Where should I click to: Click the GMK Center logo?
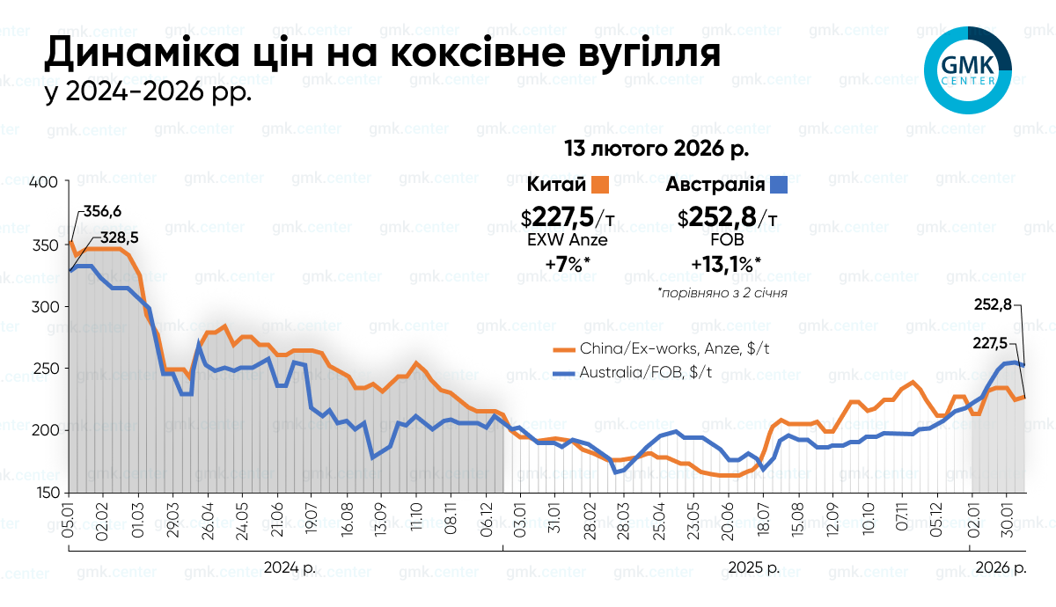click(968, 70)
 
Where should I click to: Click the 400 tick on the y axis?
click(43, 182)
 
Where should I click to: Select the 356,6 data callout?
click(102, 212)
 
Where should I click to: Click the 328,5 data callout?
click(120, 238)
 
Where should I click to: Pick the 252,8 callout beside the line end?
click(993, 305)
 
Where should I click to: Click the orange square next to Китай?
click(600, 185)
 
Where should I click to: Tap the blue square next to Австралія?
click(778, 185)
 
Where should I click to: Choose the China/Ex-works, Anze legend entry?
click(661, 348)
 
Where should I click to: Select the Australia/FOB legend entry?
click(632, 373)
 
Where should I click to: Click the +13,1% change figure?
click(726, 264)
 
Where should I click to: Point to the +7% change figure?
click(568, 264)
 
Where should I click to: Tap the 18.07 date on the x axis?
click(763, 518)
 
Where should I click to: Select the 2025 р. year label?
click(754, 567)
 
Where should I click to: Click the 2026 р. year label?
click(1001, 567)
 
